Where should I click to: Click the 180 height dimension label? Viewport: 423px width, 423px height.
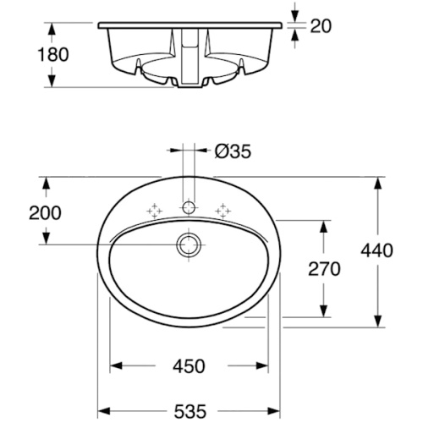(53, 54)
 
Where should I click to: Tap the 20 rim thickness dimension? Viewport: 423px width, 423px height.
(321, 26)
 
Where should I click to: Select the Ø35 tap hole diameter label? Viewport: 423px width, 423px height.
(233, 151)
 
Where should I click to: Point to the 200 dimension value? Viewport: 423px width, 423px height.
(45, 213)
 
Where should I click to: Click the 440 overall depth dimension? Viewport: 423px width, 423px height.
(376, 250)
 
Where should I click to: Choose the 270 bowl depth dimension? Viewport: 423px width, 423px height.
(324, 269)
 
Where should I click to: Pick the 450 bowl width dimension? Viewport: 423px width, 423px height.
(189, 366)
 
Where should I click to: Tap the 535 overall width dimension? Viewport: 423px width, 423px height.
(190, 411)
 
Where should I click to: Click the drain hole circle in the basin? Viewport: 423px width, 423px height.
(189, 244)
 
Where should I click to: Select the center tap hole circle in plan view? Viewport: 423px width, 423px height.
(189, 208)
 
